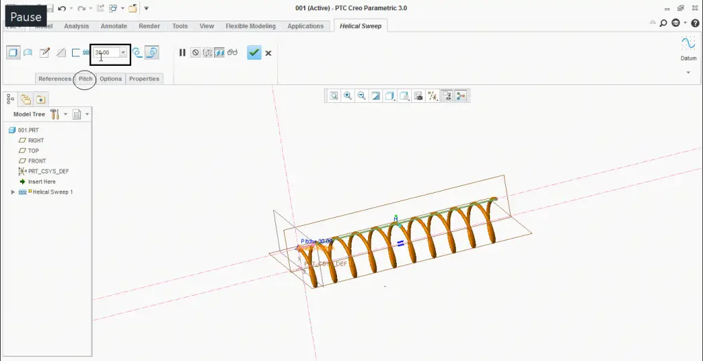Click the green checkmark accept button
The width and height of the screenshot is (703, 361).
click(254, 53)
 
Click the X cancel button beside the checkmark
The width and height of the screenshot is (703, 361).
click(268, 53)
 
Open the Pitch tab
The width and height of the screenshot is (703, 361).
click(85, 79)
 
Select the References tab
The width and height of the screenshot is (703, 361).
click(55, 79)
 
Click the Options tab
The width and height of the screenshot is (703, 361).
click(111, 79)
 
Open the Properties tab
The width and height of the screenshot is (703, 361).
click(144, 79)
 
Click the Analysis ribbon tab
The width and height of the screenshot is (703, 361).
click(76, 26)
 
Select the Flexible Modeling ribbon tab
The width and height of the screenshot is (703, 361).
click(251, 26)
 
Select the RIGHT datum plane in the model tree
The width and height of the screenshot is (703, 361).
click(36, 141)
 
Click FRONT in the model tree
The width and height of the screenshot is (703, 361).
click(37, 161)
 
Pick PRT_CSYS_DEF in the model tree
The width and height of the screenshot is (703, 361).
click(48, 172)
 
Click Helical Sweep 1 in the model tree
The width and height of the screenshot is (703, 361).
click(52, 192)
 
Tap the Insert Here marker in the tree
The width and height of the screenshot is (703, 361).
click(41, 182)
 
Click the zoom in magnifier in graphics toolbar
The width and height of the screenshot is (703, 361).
click(347, 96)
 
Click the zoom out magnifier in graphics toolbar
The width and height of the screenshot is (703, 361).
click(361, 96)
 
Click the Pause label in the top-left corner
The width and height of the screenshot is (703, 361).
click(25, 17)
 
